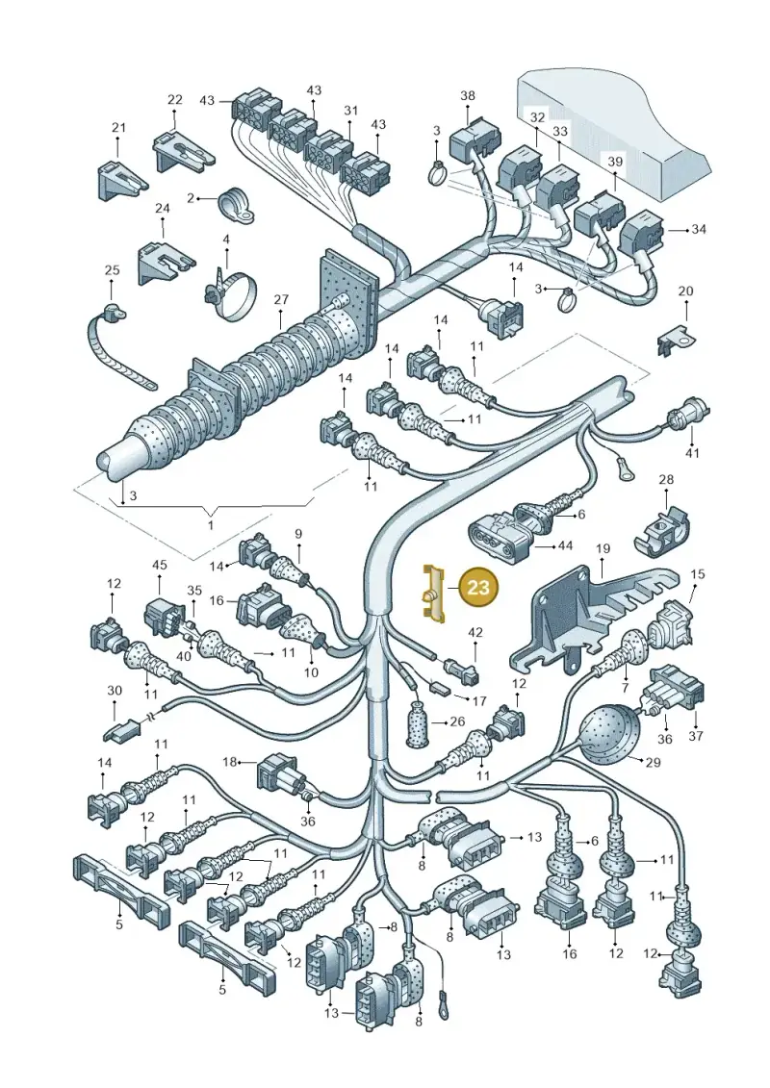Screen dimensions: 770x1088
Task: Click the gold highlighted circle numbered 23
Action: (478, 588)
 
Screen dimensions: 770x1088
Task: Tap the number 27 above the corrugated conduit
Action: (280, 300)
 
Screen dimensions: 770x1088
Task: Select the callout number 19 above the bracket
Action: (603, 549)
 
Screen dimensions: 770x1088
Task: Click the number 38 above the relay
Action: (468, 96)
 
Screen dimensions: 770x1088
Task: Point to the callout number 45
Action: (160, 565)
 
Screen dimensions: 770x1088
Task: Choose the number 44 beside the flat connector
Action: (565, 546)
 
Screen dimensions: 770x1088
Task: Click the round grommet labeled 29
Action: (602, 731)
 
